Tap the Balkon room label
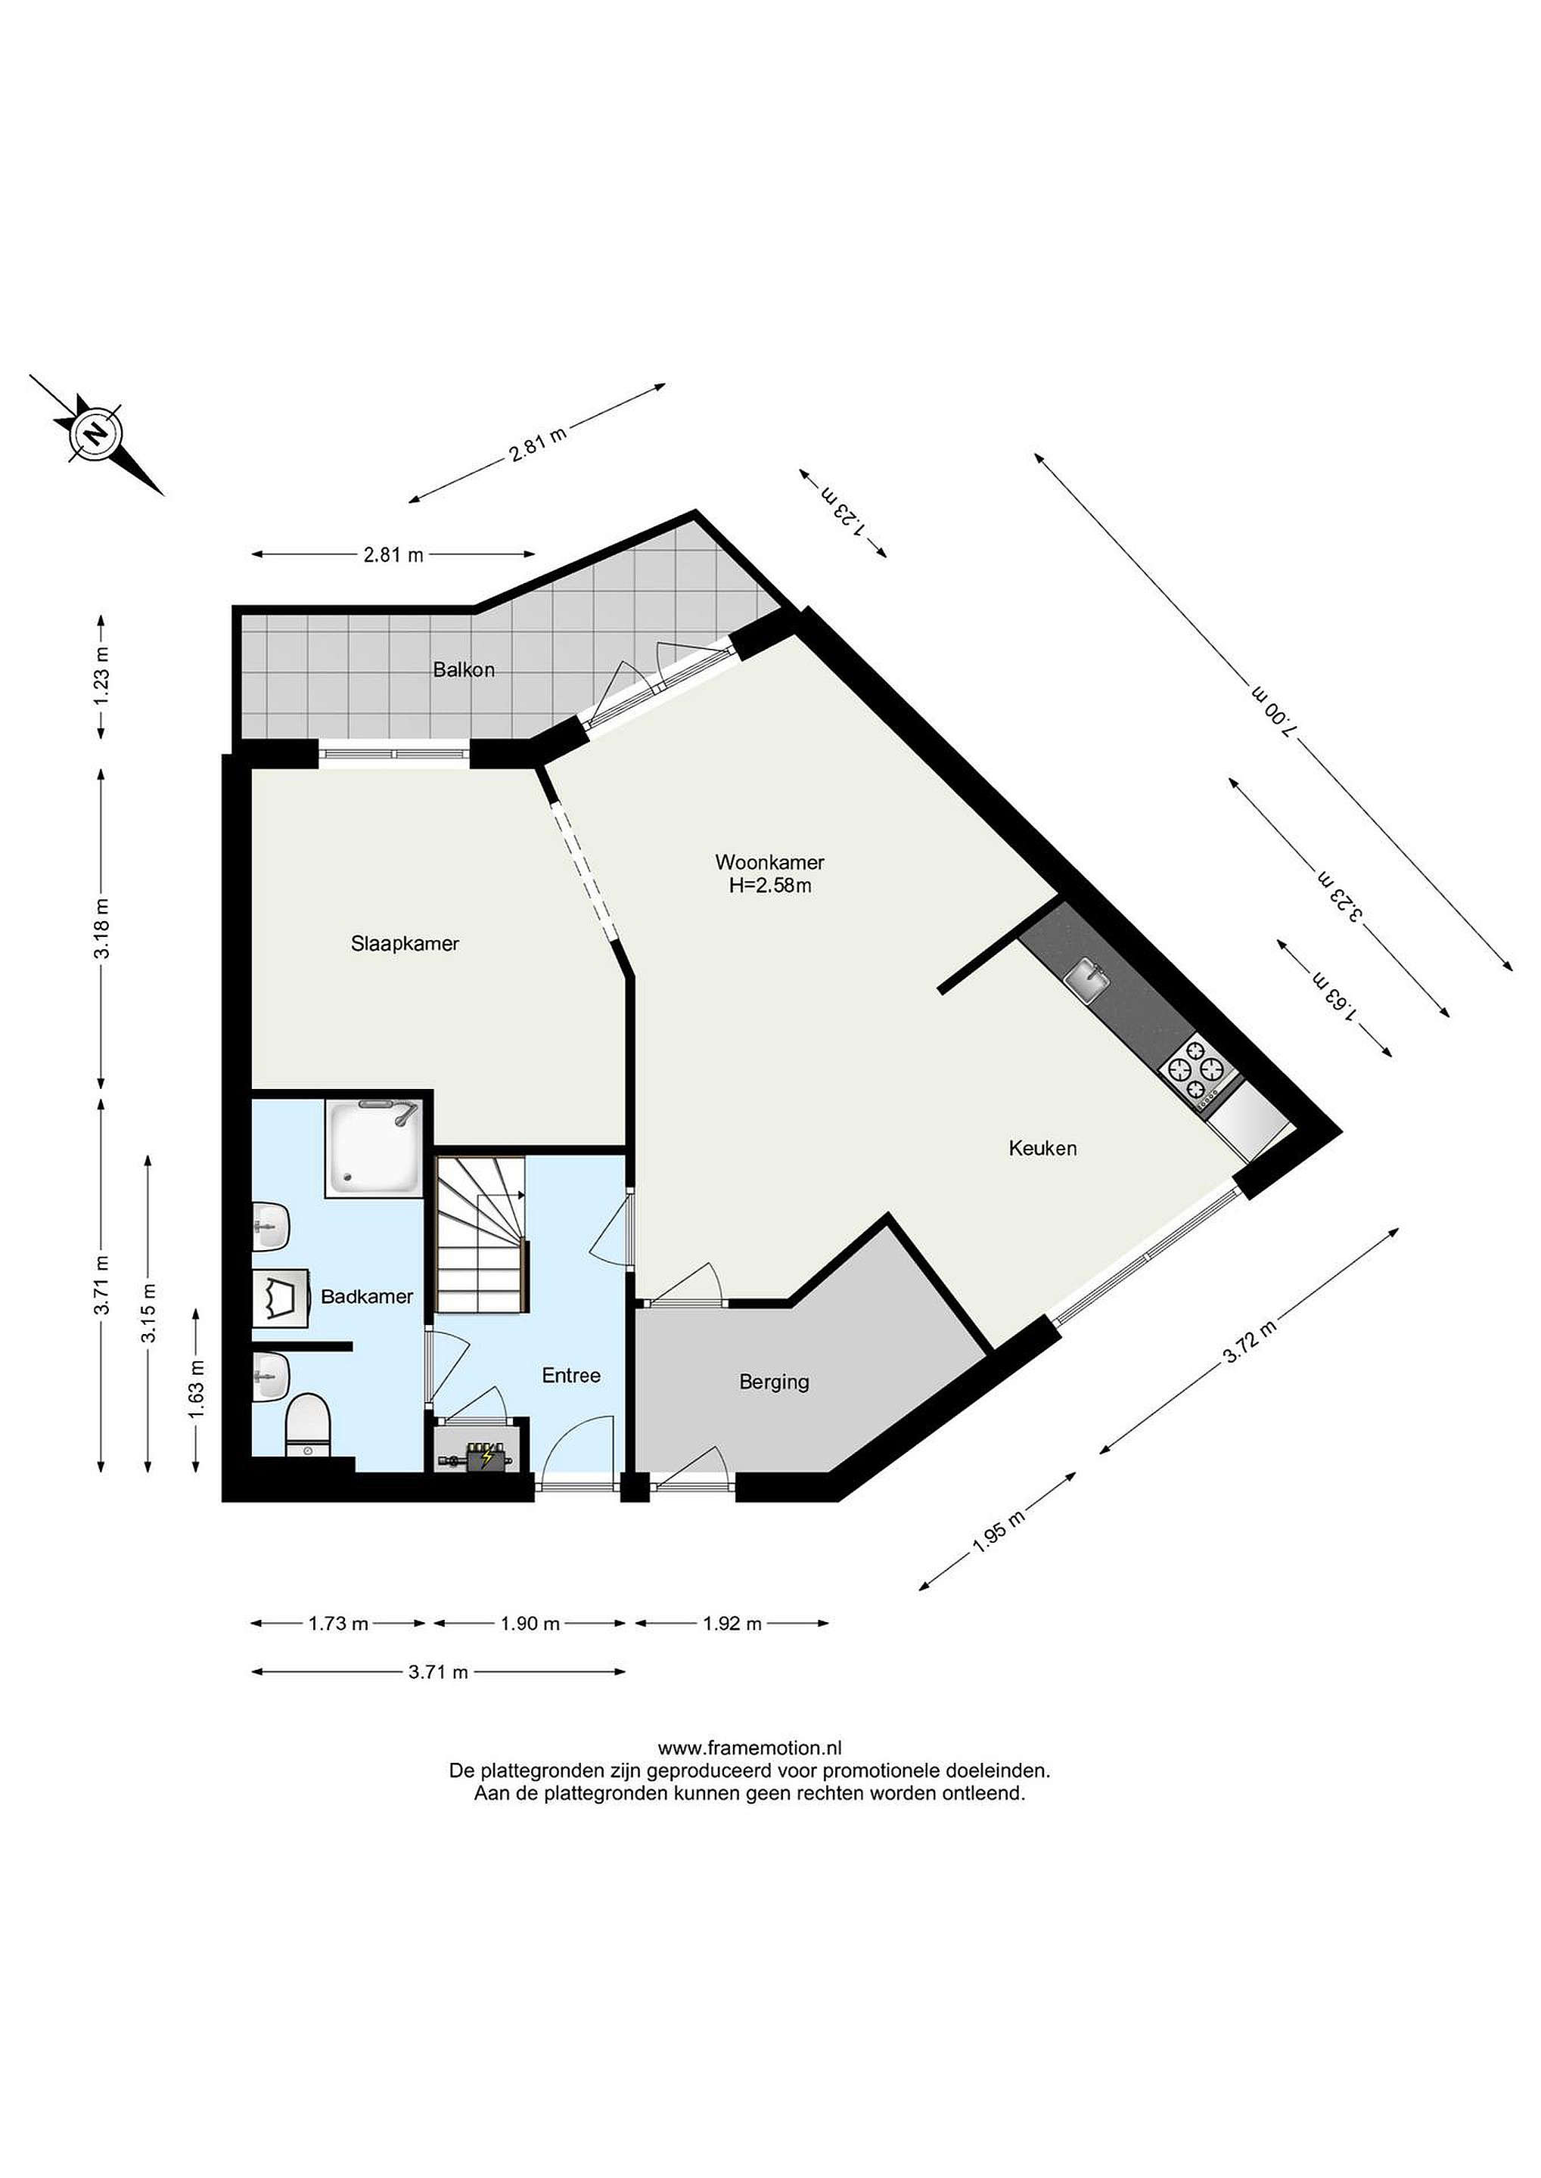point(463,670)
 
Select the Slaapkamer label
point(405,944)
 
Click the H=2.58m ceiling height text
point(769,886)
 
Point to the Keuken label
point(1042,1148)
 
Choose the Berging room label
point(775,1382)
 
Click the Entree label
point(571,1376)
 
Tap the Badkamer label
point(367,1297)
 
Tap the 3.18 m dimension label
point(101,928)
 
